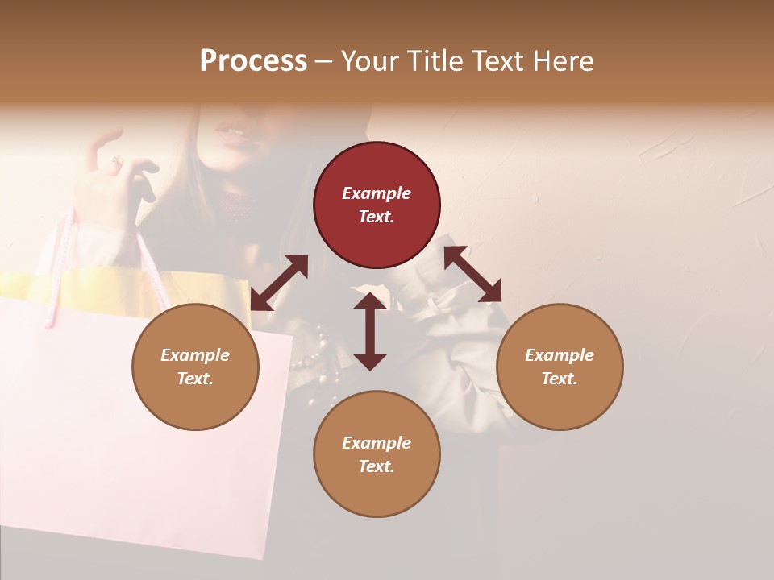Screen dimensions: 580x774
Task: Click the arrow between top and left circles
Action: (x=279, y=283)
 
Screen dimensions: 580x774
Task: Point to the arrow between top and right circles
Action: (x=472, y=274)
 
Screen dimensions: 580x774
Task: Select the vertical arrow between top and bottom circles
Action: (x=370, y=331)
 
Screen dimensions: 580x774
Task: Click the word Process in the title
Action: (x=253, y=60)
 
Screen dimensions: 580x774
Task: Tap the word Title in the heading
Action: (x=436, y=60)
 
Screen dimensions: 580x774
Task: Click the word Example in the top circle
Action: (x=377, y=193)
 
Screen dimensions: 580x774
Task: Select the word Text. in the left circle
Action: (x=195, y=379)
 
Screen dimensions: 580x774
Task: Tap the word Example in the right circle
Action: (x=560, y=355)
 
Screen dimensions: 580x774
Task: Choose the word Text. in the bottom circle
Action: (x=377, y=466)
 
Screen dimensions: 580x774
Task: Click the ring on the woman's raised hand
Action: (x=116, y=163)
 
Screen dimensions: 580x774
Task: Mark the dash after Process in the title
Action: (x=323, y=61)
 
